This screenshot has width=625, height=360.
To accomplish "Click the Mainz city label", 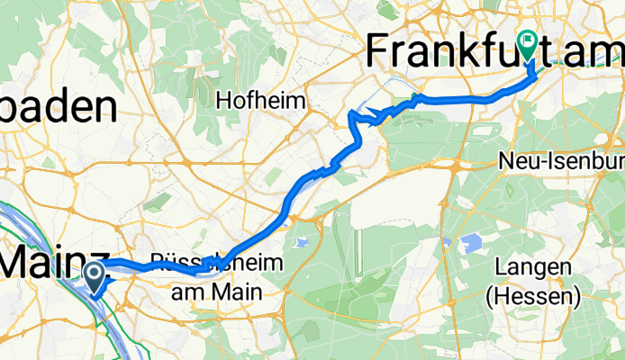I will pos(54,262).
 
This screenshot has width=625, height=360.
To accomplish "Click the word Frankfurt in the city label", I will pos(459,52).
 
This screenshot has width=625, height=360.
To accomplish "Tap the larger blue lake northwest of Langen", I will pos(470,242).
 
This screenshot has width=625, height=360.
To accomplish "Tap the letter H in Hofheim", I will pos(222,100).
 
